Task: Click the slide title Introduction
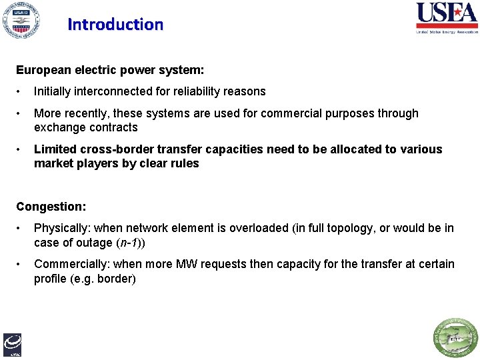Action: point(115,25)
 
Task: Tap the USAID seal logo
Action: point(20,20)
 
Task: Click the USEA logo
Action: point(446,17)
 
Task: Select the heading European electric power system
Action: point(110,69)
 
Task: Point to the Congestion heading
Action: point(51,207)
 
